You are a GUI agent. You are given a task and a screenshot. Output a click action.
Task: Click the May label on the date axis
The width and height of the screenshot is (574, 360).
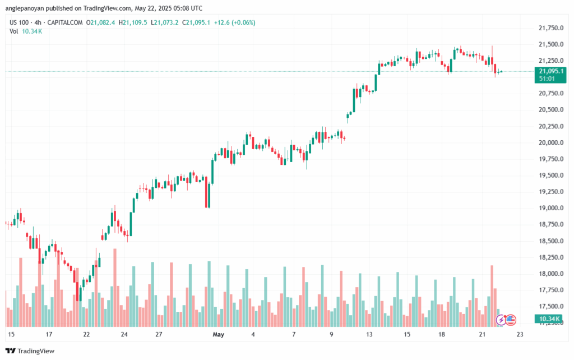coord(218,334)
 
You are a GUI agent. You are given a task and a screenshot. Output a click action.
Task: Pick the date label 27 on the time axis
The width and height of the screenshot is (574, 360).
coord(159,334)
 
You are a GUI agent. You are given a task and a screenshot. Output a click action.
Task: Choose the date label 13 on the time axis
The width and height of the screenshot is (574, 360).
coord(369,334)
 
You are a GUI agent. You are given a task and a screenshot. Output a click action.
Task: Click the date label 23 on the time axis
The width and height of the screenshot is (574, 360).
coord(520,334)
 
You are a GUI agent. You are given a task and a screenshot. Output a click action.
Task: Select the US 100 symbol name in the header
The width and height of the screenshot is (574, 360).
coord(21,22)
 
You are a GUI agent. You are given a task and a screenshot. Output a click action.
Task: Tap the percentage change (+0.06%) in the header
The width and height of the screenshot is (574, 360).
coord(241,22)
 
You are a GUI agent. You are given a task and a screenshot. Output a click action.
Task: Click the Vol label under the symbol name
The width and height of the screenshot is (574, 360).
coord(14,31)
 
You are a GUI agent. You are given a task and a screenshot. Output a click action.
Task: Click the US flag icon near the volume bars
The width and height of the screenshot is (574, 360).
coord(510,320)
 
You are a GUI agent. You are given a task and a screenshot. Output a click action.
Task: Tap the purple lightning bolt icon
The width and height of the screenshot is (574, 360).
coord(501,320)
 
